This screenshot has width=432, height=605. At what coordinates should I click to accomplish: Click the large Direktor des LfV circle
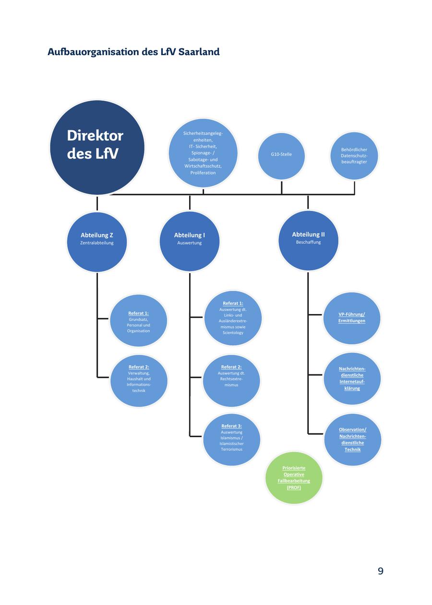point(97,148)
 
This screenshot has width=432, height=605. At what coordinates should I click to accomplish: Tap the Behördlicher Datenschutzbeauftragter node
point(354,156)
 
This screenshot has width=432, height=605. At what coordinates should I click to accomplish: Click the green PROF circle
point(294,477)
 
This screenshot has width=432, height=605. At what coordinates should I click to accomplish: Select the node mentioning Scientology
point(233,318)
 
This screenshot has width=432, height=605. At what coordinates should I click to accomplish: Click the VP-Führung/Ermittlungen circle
point(352,318)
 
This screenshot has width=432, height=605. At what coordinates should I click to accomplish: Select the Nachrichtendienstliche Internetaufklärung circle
point(352,379)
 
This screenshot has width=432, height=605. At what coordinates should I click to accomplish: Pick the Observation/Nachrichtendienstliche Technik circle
point(352,440)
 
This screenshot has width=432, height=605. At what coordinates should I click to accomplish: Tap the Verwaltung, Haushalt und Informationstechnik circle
point(139,381)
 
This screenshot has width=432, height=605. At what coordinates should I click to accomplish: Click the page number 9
point(381,571)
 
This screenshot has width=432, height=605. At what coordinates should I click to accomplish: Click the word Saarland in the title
point(199,52)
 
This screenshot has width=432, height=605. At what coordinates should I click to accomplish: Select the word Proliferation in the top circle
point(203,173)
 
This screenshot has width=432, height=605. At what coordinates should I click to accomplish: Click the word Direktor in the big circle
point(95,136)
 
